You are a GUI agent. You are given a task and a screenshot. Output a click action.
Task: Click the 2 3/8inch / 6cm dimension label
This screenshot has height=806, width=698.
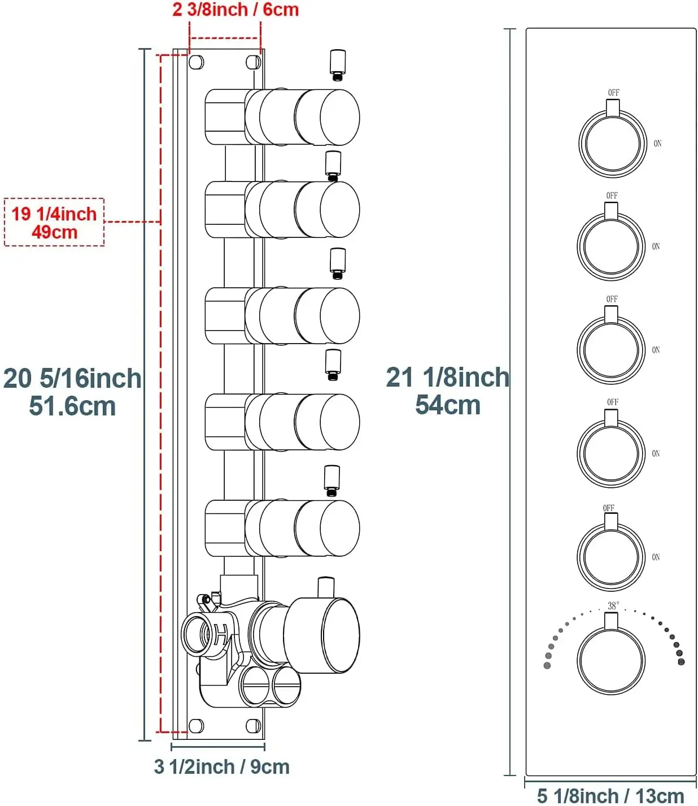coord(235,10)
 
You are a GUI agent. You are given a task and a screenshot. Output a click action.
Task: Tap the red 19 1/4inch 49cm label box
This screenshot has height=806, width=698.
coord(54,222)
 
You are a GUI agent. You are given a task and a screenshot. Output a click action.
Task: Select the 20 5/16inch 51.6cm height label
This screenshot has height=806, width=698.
coord(72,392)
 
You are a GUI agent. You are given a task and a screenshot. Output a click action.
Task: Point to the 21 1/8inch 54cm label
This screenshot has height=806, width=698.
coord(448,391)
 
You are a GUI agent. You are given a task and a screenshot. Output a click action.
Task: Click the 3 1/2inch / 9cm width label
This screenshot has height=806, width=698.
coord(221,766)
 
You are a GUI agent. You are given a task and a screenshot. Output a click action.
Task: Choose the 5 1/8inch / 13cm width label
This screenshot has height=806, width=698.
coord(610,796)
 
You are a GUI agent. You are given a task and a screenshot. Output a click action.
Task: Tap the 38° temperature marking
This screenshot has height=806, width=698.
coord(613,605)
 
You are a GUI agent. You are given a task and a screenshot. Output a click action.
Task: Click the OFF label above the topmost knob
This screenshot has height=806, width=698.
coord(613,93)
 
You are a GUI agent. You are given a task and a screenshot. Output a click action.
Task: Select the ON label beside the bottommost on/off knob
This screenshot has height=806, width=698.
coord(656,557)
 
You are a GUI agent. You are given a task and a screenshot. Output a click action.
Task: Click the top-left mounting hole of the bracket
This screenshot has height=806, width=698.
coord(196,62)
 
